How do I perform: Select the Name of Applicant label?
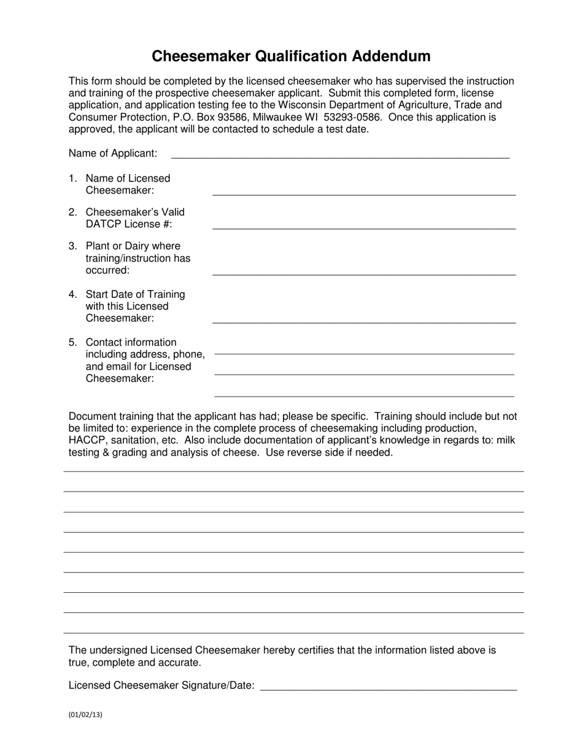[112, 153]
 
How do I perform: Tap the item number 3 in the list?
[72, 246]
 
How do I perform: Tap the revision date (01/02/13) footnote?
[85, 714]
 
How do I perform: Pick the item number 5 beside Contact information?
[72, 342]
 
